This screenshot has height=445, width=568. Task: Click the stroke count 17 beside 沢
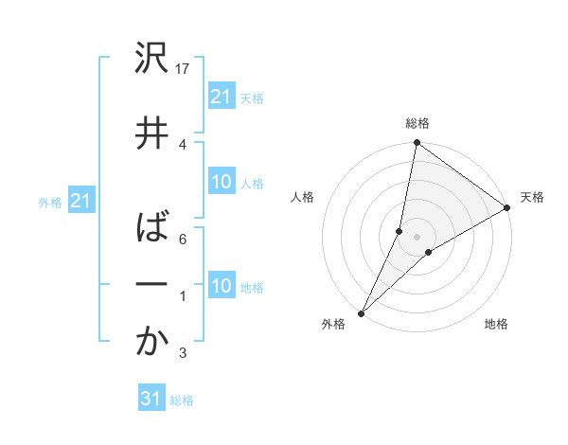coord(184,69)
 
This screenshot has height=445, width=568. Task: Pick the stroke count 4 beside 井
coord(183,143)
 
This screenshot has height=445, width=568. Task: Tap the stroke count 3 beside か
coord(183,354)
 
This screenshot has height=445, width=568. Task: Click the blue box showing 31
coord(151,399)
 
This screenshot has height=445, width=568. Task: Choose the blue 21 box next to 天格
coord(222,97)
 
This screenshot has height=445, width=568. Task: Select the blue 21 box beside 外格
coord(80,201)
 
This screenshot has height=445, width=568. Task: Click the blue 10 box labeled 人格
coord(222,182)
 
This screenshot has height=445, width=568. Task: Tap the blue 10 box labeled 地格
coord(222,286)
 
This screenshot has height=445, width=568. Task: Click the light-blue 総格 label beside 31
coord(182,400)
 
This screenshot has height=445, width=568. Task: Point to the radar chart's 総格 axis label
coord(417,123)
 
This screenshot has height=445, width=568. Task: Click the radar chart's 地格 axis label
coord(496,324)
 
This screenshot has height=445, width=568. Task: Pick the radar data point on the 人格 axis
coord(399,231)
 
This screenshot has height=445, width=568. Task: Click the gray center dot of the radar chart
coord(417,237)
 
